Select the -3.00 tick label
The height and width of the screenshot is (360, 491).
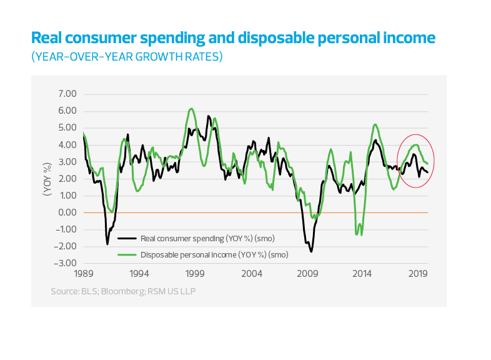coord(66,263)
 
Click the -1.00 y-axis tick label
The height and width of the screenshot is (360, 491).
coord(66,229)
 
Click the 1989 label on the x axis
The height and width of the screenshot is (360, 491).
coord(83,274)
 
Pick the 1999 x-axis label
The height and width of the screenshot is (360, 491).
coord(195,274)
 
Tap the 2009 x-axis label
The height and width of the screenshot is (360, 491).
coord(307,274)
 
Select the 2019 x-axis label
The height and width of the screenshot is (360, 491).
coord(418,274)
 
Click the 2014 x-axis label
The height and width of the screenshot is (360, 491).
coord(362,274)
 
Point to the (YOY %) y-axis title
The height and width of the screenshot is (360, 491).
coord(46,179)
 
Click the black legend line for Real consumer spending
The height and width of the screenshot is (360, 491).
coord(127,238)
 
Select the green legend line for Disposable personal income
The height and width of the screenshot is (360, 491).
coord(127,255)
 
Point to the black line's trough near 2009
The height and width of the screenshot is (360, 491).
coord(311,251)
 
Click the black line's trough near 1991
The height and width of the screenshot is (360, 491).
coord(107,244)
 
